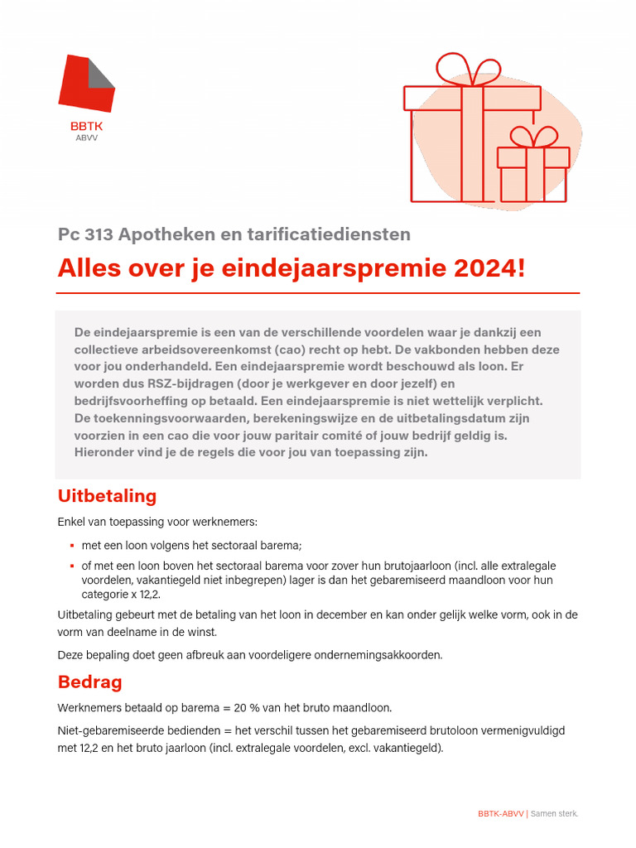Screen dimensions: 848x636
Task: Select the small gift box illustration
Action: point(532,170)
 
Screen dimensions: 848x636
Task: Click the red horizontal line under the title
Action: point(318,293)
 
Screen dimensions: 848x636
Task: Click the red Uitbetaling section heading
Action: point(107,496)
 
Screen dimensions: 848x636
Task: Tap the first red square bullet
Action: point(73,546)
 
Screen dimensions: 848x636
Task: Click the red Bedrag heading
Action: point(89,682)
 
